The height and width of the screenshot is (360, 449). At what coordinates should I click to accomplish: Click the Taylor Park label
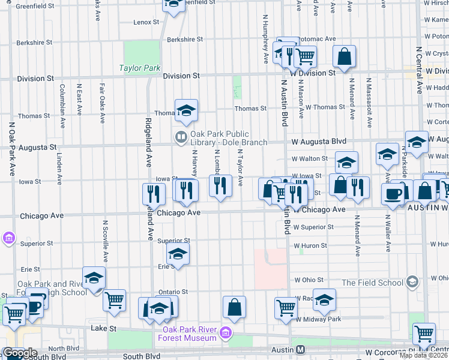[139, 68]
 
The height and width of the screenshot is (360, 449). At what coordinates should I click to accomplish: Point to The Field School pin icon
[412, 281]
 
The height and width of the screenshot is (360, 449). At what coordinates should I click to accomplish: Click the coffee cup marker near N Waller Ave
[393, 194]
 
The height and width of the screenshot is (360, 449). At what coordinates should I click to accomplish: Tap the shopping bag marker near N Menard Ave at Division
[345, 57]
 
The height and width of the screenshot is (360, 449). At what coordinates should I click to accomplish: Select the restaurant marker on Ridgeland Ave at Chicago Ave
[154, 194]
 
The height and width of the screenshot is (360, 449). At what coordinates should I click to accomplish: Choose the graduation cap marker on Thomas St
[186, 110]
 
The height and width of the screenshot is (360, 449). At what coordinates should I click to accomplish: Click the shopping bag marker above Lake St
[234, 307]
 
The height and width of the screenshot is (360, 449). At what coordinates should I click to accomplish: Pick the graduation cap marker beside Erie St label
[178, 254]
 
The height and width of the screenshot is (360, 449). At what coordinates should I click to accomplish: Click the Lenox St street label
[146, 22]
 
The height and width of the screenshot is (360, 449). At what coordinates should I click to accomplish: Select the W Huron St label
[310, 245]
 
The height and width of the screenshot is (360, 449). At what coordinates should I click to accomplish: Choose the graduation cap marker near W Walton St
[346, 162]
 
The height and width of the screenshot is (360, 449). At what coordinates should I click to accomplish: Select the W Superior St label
[313, 227]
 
